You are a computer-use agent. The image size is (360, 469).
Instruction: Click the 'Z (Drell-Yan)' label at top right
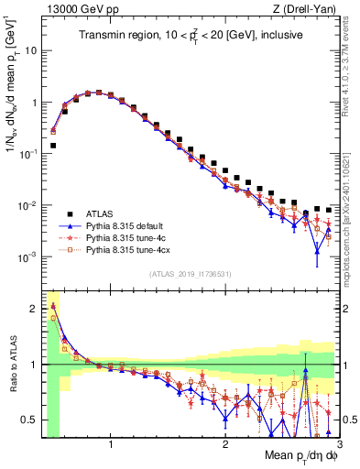point(307,9)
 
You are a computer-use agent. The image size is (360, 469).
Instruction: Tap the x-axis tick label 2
point(225,445)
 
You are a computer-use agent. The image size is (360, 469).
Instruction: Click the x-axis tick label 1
point(112,445)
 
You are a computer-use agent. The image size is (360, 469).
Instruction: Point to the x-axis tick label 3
point(338,445)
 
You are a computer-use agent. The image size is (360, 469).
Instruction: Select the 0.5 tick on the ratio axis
point(30,420)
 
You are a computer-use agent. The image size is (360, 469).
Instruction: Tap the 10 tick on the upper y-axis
point(29,51)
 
